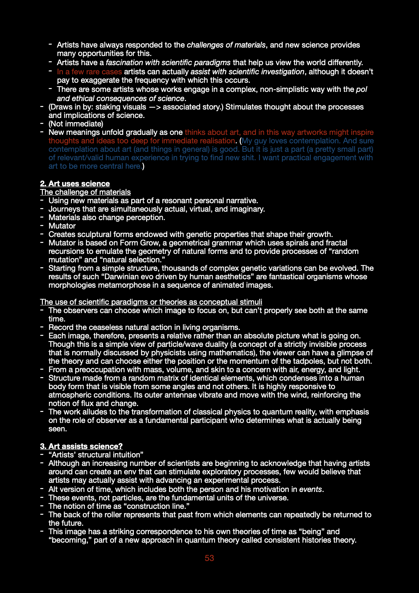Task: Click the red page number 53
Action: point(209,558)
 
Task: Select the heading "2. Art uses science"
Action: point(75,183)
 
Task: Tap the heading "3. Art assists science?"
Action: point(81,446)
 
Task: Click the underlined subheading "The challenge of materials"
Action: point(85,192)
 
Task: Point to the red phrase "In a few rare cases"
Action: point(89,71)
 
